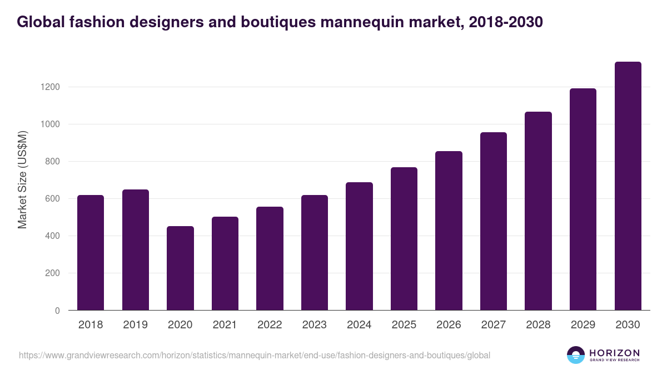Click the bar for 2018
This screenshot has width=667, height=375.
[91, 253]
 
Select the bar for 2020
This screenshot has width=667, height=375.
[180, 268]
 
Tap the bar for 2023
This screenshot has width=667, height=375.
[315, 253]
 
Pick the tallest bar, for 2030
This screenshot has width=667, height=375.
[628, 186]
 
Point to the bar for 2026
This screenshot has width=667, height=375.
[449, 231]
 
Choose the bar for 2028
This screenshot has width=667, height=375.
[539, 211]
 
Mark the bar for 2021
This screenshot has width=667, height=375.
[225, 263]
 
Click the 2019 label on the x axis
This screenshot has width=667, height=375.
[136, 325]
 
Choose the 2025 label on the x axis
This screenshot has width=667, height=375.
[404, 325]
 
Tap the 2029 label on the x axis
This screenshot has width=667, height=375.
[583, 325]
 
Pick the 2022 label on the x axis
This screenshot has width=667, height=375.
[270, 325]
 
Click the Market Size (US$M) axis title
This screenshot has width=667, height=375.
[23, 180]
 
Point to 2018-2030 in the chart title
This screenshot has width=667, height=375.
[506, 22]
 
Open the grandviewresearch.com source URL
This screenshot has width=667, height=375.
[255, 355]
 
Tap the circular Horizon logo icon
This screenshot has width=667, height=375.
[576, 355]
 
